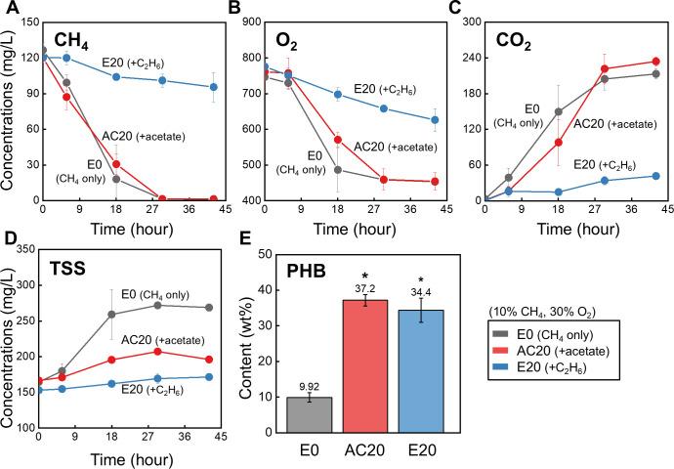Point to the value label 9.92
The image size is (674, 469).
tap(309, 386)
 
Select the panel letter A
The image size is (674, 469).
tap(8, 8)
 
